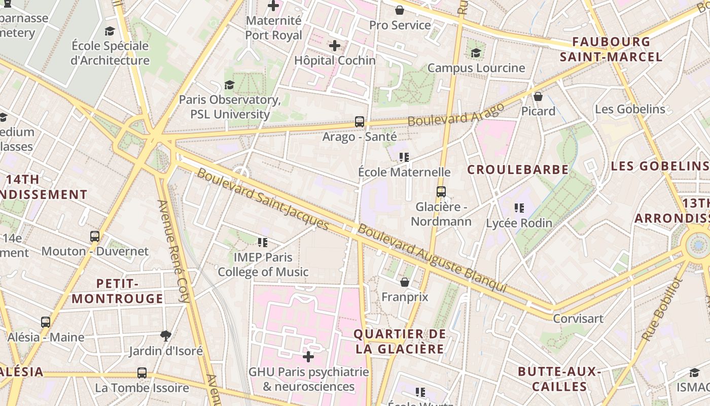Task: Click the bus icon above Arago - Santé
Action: (x=359, y=122)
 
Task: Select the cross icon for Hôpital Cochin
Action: (x=334, y=46)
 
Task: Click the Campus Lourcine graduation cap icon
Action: (x=476, y=53)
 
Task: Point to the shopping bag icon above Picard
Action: (x=538, y=96)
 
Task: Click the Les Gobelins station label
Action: (x=630, y=109)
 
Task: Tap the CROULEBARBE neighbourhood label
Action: (x=518, y=170)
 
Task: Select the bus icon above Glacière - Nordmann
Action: (x=441, y=192)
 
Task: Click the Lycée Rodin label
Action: (x=519, y=223)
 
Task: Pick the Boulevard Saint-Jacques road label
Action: (x=263, y=198)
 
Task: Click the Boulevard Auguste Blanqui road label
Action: (x=432, y=258)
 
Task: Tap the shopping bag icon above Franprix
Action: (x=405, y=282)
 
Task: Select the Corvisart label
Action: (x=578, y=319)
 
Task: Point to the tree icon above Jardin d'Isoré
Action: (x=165, y=335)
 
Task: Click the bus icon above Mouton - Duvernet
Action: (x=95, y=236)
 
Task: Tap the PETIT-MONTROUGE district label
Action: (x=118, y=291)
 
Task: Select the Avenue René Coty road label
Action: (x=173, y=251)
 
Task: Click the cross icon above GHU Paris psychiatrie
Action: (x=308, y=356)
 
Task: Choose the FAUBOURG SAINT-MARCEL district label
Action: (x=611, y=49)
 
